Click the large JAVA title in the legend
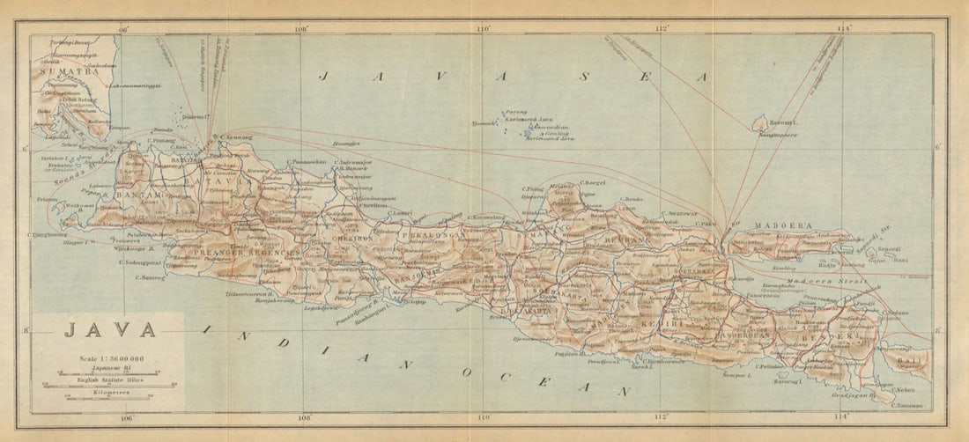109,331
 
